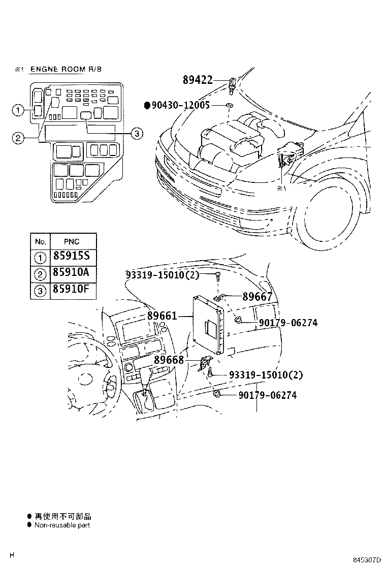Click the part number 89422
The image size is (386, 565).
pos(197,80)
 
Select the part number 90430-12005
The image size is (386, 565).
pos(181,105)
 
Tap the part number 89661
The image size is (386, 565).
pos(162,316)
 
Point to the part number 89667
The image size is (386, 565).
pos(257,297)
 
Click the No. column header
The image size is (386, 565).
pos(40,241)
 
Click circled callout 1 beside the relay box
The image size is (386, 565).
pos(17,110)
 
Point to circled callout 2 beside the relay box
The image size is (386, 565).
pos(17,138)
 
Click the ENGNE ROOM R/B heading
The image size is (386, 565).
pos(66,69)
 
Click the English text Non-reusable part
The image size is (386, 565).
pos(62,525)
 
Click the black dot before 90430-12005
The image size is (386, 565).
pos(148,105)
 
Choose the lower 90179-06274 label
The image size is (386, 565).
pos(267,395)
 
